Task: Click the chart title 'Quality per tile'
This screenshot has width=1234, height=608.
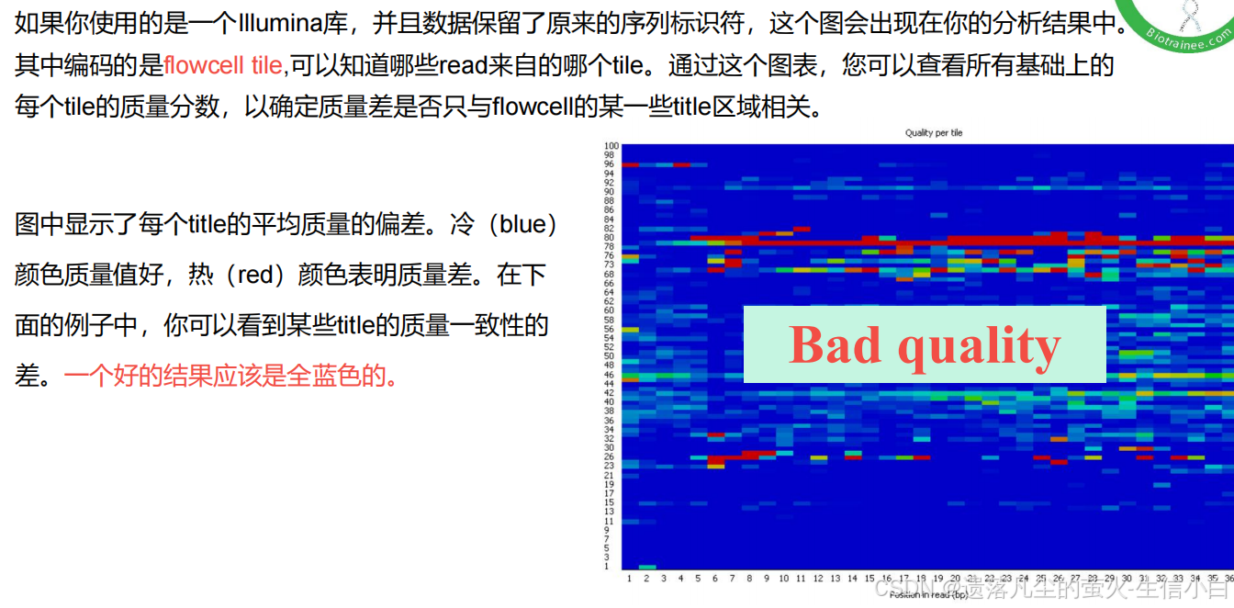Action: click(x=933, y=133)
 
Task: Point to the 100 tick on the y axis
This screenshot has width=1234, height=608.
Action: click(x=611, y=146)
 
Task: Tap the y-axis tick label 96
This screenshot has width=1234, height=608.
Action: click(x=610, y=164)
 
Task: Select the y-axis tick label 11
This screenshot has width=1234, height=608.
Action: click(x=609, y=521)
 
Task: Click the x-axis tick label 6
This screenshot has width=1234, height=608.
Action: click(x=715, y=579)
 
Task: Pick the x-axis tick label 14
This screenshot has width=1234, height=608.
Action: click(x=852, y=579)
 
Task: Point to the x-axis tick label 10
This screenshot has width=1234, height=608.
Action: click(x=783, y=579)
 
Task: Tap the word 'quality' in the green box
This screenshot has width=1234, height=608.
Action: click(x=979, y=345)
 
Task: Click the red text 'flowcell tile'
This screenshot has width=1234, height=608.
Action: click(x=223, y=65)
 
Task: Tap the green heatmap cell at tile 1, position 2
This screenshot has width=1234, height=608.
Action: click(x=646, y=568)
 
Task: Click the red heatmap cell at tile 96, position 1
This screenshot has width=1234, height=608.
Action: click(x=630, y=164)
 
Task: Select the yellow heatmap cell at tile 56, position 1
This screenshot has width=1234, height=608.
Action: click(x=630, y=329)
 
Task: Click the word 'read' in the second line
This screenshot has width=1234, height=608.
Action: click(x=464, y=65)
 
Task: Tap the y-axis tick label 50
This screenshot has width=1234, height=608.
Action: click(x=609, y=356)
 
